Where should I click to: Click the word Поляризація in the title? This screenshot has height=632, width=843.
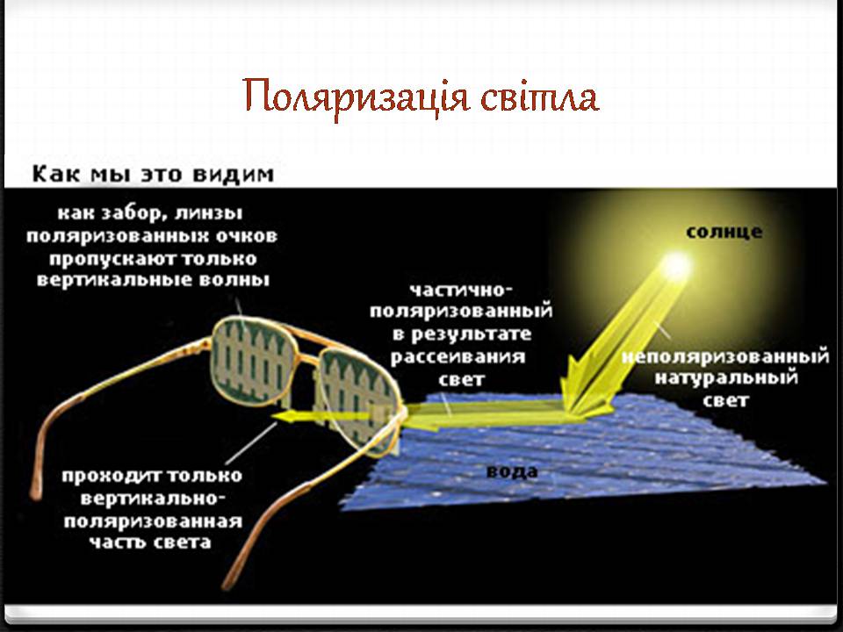pos(357,97)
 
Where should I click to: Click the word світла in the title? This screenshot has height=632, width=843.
pos(540,97)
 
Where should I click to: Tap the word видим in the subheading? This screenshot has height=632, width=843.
pos(234,175)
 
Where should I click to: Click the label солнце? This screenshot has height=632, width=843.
pos(724,232)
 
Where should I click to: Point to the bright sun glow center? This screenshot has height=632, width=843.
pos(676,265)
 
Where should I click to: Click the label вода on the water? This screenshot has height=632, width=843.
pos(512,472)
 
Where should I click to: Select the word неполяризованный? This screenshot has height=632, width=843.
pos(725,356)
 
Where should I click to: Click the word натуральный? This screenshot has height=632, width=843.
pos(726,377)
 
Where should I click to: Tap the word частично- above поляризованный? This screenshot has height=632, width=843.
pos(461,290)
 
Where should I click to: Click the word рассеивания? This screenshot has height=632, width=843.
pos(458,357)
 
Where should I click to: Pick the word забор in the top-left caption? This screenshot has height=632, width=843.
pos(128,213)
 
